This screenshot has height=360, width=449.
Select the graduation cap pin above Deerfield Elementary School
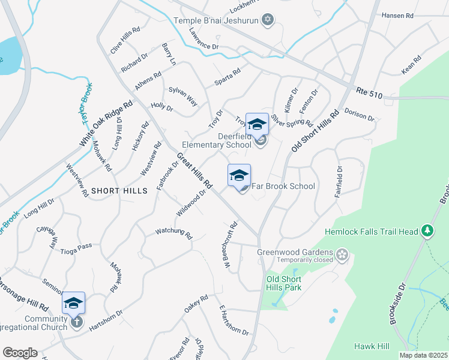click(x=257, y=125)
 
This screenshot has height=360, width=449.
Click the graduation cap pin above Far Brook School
click(x=239, y=176)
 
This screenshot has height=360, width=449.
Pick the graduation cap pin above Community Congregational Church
click(x=73, y=303)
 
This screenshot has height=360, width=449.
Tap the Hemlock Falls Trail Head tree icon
click(x=427, y=230)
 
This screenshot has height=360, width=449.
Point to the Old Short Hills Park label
click(x=284, y=283)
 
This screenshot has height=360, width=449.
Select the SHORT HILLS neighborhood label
click(x=119, y=190)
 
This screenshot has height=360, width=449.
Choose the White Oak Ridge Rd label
click(x=106, y=124)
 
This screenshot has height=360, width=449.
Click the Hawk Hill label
click(x=372, y=346)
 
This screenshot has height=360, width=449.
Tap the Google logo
click(x=20, y=353)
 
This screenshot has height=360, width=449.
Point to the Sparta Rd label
click(x=228, y=76)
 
